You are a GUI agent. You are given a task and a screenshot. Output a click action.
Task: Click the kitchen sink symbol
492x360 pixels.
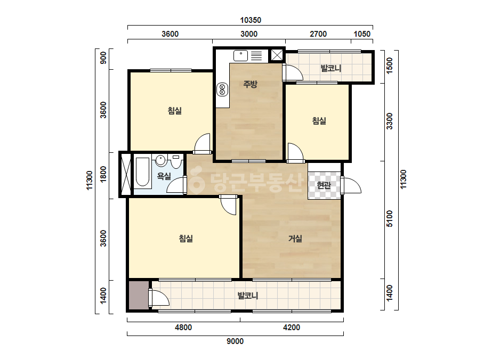pyautogui.click(x=240, y=55)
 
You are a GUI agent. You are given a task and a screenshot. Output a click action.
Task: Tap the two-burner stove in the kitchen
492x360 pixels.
pyautogui.click(x=222, y=89)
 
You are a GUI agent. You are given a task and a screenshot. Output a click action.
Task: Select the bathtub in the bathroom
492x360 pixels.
pyautogui.click(x=142, y=172)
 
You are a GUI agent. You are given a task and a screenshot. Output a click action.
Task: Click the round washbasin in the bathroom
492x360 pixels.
pyautogui.click(x=161, y=160)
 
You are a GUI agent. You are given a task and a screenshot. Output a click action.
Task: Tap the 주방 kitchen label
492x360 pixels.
pyautogui.click(x=250, y=84)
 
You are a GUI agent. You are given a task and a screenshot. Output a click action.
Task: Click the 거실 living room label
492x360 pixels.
pyautogui.click(x=295, y=239)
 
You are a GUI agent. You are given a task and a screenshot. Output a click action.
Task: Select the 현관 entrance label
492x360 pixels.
pyautogui.click(x=324, y=185)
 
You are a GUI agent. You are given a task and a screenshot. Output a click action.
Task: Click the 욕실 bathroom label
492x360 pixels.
pyautogui.click(x=164, y=176)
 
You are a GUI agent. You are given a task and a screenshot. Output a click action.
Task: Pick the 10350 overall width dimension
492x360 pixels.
pyautogui.click(x=251, y=20)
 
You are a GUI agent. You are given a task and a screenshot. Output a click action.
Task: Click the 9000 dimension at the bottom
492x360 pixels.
pyautogui.click(x=235, y=341)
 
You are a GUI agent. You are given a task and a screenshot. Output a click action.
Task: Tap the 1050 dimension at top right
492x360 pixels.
pyautogui.click(x=362, y=34)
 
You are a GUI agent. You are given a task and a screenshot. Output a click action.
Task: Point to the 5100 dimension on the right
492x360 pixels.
pyautogui.click(x=390, y=218)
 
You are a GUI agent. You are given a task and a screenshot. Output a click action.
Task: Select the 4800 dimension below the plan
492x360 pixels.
pyautogui.click(x=183, y=328)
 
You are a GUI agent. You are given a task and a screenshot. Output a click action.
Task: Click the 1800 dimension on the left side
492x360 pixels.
pyautogui.click(x=103, y=174)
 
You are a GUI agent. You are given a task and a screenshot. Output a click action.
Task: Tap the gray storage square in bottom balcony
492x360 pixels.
pyautogui.click(x=139, y=296)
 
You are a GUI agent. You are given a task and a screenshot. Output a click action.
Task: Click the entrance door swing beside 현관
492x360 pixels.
pyautogui.click(x=351, y=186)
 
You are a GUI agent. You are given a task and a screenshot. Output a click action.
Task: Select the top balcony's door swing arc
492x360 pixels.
pyautogui.click(x=293, y=73)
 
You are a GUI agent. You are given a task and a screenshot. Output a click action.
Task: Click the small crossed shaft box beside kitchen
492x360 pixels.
pyautogui.click(x=277, y=55)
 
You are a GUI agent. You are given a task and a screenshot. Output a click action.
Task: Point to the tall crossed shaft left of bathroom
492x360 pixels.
pyautogui.click(x=126, y=174)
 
